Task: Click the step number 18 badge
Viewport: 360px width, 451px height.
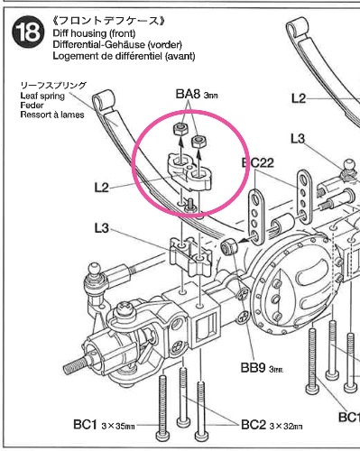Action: (x=28, y=32)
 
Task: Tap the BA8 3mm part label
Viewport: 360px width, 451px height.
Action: (x=197, y=95)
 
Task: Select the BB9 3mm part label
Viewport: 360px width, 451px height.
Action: (x=262, y=368)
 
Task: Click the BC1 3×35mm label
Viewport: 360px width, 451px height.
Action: (x=104, y=425)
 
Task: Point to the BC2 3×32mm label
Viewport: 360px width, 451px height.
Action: (x=272, y=425)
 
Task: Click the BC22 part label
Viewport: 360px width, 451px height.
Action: (x=258, y=162)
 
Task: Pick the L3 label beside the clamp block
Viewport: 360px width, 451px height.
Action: (x=101, y=228)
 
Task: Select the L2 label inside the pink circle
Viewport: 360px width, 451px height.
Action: (x=101, y=188)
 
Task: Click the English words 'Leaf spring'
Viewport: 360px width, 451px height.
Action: (x=42, y=96)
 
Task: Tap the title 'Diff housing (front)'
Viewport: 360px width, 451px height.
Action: (x=94, y=32)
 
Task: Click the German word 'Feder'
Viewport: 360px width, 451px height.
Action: (x=32, y=106)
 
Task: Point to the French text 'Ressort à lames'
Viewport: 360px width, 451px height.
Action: (x=52, y=115)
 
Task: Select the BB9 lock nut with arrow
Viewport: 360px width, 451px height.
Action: (x=228, y=247)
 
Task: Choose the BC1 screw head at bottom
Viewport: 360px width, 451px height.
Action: (x=162, y=435)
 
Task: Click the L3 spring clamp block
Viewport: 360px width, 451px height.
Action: (x=191, y=255)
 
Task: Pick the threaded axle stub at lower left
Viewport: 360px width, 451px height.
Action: (x=75, y=364)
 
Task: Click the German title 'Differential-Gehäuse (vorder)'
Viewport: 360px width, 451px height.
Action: (x=117, y=44)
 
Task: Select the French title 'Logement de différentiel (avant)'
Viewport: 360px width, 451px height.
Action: (x=124, y=56)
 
